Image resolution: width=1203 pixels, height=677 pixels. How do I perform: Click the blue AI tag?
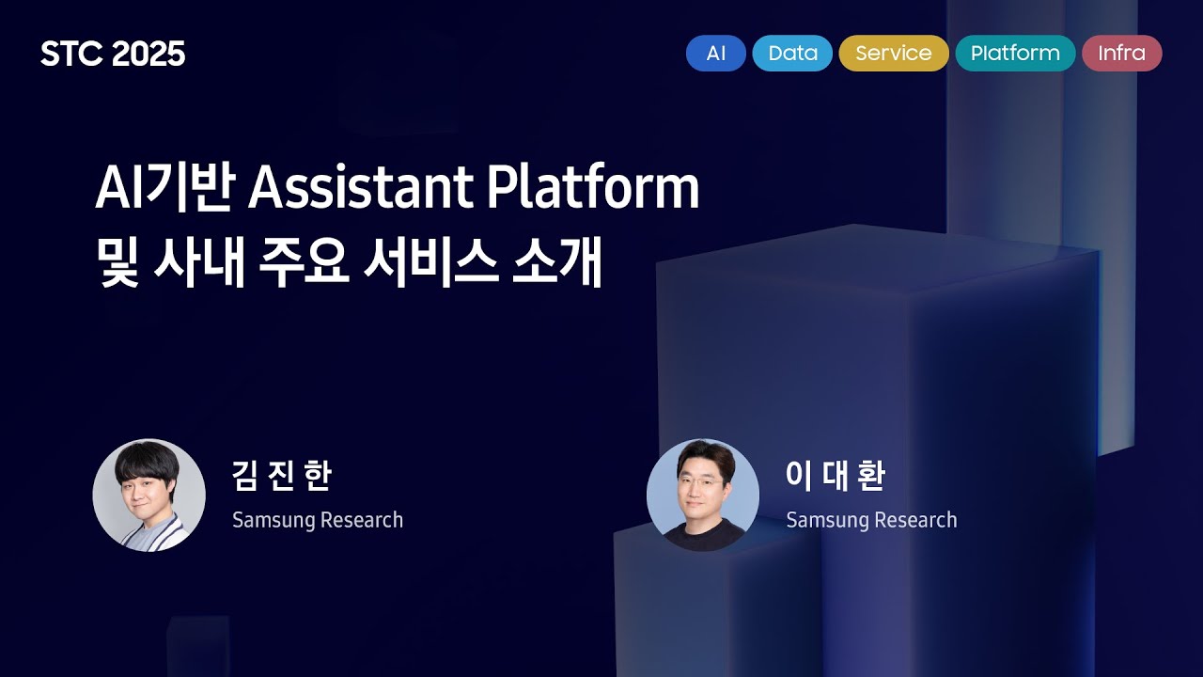715,54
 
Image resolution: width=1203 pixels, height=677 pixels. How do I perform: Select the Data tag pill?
792,54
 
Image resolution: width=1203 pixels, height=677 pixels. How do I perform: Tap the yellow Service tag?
893,54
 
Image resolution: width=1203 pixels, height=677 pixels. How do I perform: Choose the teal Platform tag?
1015,54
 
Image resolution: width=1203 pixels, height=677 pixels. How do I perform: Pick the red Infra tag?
1121,54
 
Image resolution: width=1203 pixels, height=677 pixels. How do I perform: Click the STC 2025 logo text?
113,55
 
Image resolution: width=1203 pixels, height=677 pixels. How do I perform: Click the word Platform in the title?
593,189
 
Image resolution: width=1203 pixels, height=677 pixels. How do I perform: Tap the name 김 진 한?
281,477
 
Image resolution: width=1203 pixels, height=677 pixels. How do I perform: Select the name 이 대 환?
835,477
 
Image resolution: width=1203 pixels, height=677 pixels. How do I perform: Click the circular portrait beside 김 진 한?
148,495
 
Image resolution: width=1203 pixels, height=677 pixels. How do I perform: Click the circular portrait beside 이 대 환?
703,495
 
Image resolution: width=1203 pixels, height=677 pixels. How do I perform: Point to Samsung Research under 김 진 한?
318,520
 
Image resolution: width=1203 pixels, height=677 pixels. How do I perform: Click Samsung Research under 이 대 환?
871,520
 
